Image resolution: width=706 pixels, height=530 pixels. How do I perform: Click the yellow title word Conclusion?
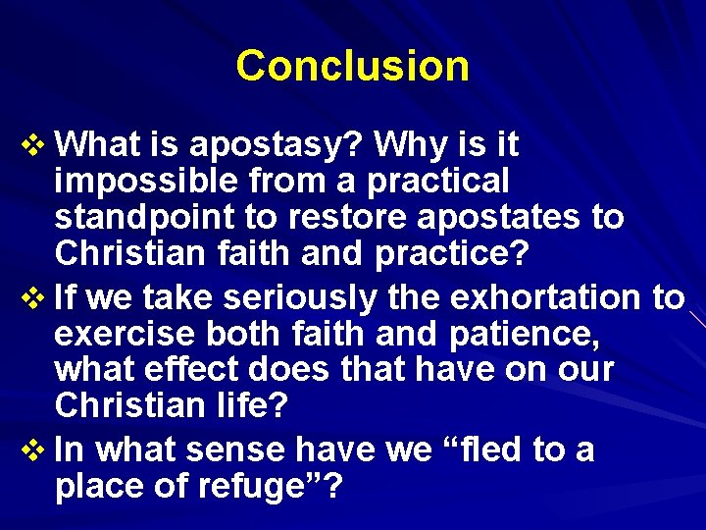tap(352, 66)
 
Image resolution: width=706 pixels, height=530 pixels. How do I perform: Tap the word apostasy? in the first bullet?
tap(272, 145)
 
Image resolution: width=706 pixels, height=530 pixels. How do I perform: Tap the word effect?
tap(194, 370)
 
